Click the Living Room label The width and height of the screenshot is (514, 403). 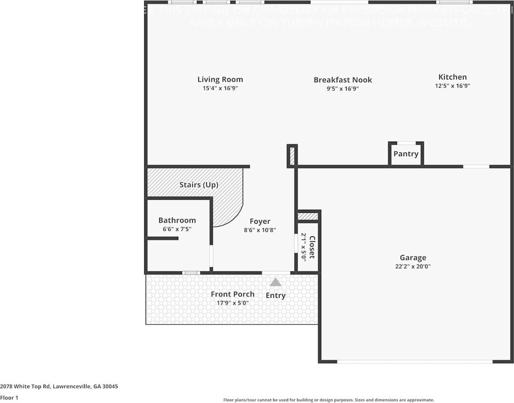click(220, 79)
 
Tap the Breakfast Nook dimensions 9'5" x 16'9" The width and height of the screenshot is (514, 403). click(343, 89)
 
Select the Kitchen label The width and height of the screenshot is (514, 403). click(452, 77)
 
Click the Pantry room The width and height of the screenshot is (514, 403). click(406, 154)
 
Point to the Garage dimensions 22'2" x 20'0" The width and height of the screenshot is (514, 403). click(412, 267)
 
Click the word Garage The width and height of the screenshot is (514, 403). click(412, 258)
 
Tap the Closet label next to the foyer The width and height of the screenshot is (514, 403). click(312, 247)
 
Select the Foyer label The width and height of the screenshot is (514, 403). click(260, 221)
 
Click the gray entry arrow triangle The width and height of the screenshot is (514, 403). click(275, 282)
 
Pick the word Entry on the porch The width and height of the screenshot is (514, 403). click(275, 295)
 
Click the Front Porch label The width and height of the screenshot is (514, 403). click(232, 294)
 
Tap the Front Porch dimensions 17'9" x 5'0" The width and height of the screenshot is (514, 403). click(232, 303)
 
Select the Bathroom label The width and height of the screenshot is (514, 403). click(177, 220)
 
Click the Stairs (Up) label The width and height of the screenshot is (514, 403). click(199, 185)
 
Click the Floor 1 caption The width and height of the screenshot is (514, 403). click(9, 398)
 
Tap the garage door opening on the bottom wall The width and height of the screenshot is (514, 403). click(414, 362)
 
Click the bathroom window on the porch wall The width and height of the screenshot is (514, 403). click(191, 273)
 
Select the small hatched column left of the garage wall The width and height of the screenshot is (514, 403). click(292, 156)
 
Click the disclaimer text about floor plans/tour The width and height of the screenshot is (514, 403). click(328, 400)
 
